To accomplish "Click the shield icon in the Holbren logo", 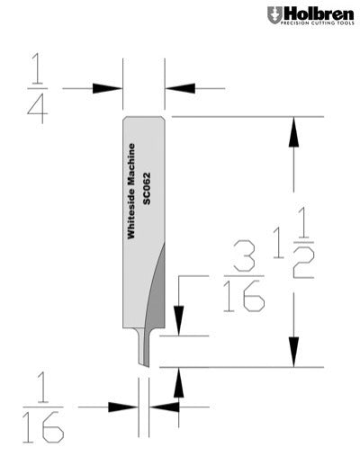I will (273, 15).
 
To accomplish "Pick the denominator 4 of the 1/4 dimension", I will (36, 109).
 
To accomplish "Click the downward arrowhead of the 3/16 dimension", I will (180, 322).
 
